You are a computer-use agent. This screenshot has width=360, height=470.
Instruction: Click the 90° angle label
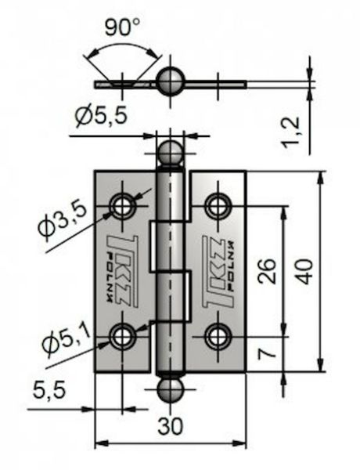click(x=122, y=27)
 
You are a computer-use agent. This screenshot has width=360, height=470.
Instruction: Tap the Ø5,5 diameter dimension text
click(x=102, y=116)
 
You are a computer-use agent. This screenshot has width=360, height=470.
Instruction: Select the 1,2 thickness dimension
click(x=291, y=132)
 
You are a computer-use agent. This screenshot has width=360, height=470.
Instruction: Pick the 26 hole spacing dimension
click(x=267, y=270)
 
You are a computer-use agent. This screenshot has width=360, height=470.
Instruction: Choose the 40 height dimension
click(x=305, y=272)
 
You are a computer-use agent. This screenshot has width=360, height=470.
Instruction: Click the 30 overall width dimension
click(x=170, y=426)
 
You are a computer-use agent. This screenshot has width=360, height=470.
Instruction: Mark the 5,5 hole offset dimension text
click(x=49, y=389)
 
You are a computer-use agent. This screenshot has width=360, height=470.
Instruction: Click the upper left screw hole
click(x=122, y=206)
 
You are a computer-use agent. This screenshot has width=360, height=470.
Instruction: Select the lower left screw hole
click(x=122, y=336)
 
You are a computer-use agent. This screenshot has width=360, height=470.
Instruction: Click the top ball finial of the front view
click(x=170, y=154)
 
